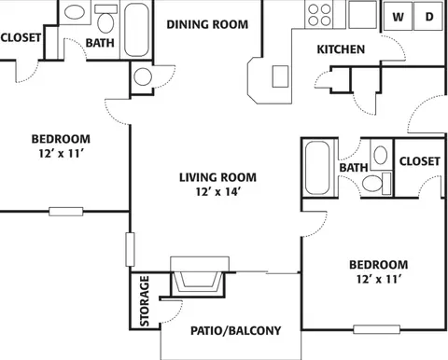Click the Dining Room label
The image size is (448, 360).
[x=207, y=24]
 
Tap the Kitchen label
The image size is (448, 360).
[x=341, y=49]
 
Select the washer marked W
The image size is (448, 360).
[x=398, y=17]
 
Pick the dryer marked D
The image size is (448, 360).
[x=428, y=17]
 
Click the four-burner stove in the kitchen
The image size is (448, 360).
[x=319, y=15]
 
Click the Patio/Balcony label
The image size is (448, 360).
[x=235, y=330]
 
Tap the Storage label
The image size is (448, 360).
[x=145, y=301]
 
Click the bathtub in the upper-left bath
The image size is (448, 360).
[x=136, y=30]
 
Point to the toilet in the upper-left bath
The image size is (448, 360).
[x=105, y=19]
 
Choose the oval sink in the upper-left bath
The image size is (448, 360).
[x=75, y=12]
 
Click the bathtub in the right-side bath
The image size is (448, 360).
[x=317, y=168]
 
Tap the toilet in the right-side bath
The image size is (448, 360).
[x=377, y=184]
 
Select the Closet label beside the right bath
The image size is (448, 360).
[x=420, y=161]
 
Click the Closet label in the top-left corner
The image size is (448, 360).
[x=21, y=37]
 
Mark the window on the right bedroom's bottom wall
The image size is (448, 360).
[x=376, y=329]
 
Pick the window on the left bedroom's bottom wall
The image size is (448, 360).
[x=66, y=212]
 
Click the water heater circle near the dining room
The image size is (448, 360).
[x=143, y=76]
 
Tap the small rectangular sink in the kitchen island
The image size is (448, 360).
[x=280, y=76]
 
